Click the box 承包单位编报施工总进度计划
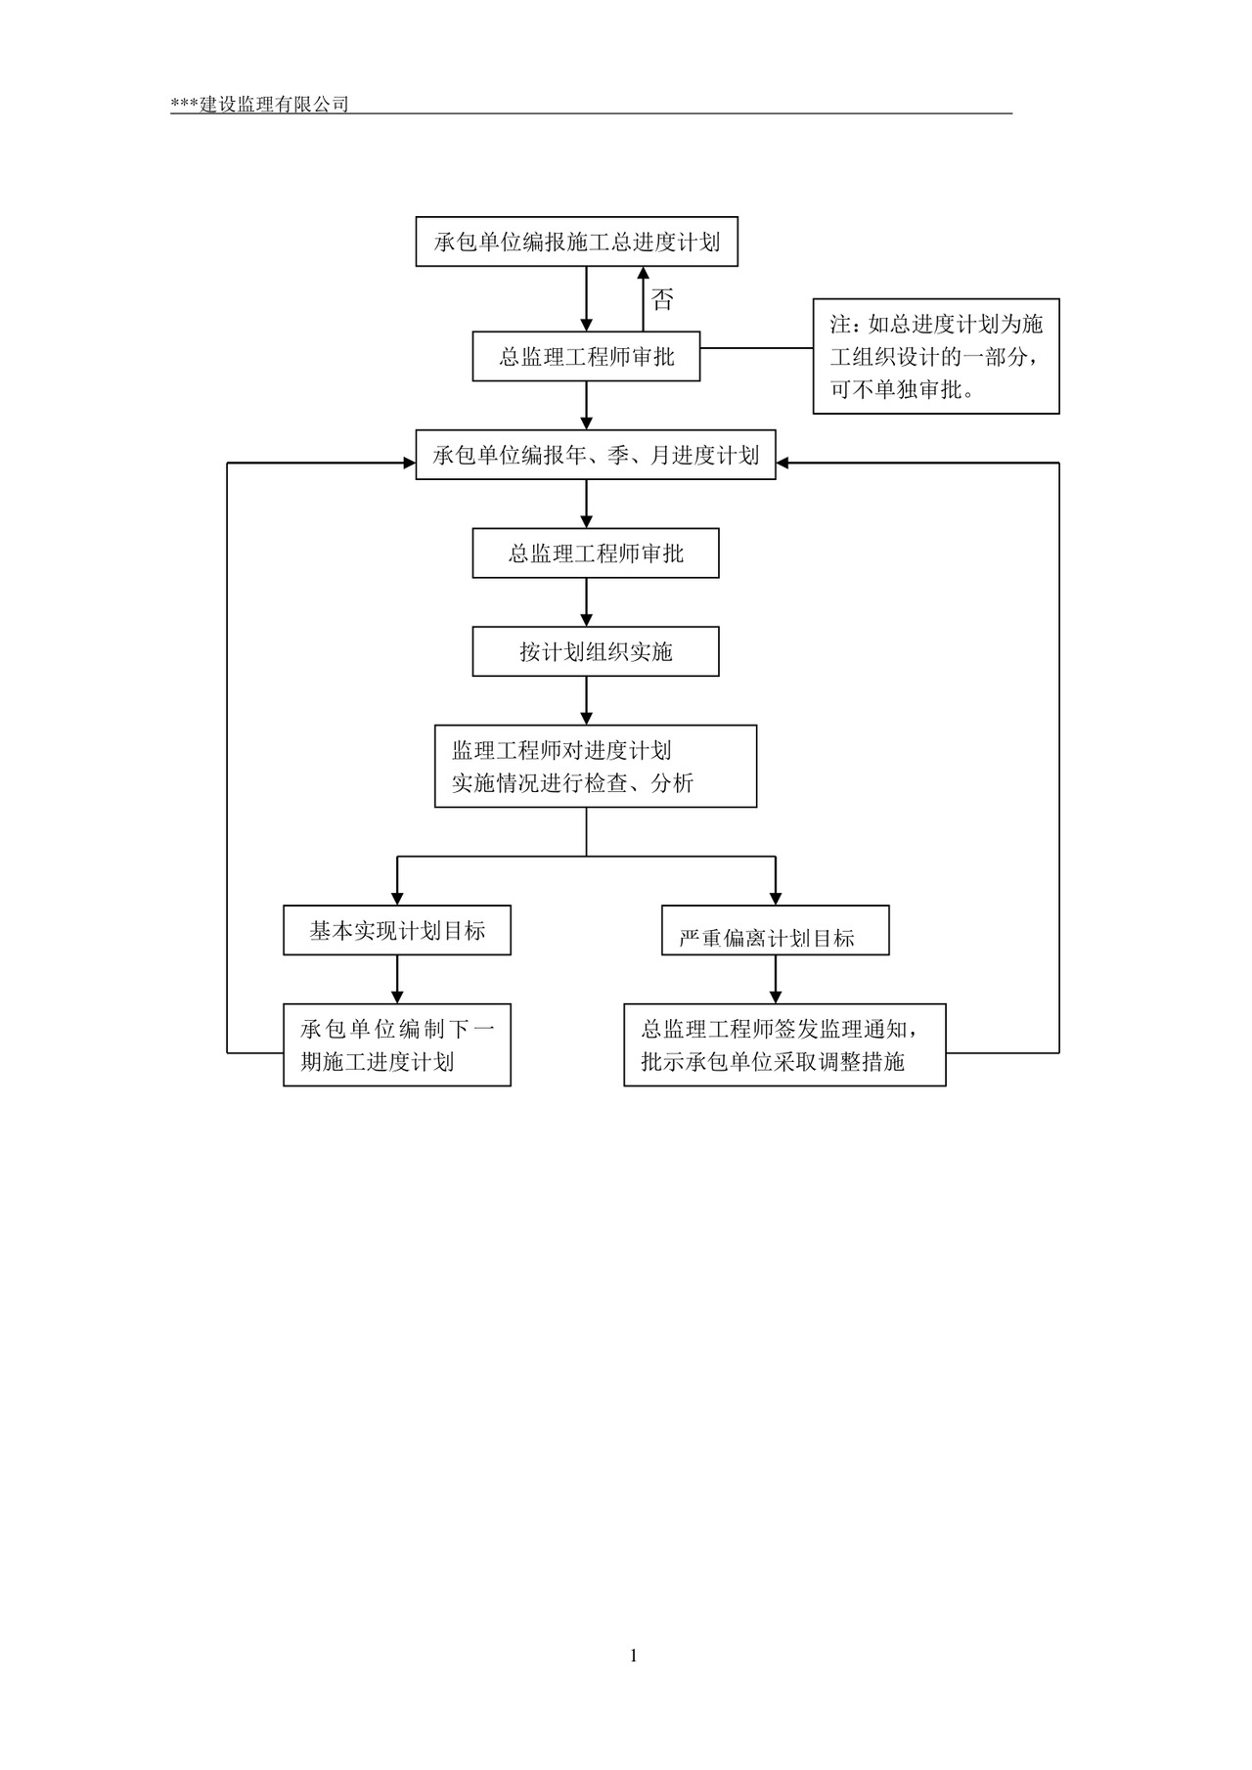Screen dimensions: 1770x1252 click(x=576, y=242)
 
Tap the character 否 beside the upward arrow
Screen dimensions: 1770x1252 click(x=662, y=299)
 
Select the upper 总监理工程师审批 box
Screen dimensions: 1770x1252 click(x=586, y=357)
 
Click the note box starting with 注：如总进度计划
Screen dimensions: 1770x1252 click(x=935, y=357)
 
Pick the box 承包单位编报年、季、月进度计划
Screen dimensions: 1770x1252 click(x=595, y=455)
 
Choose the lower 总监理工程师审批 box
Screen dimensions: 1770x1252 click(x=595, y=553)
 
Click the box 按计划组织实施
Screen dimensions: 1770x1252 click(x=595, y=651)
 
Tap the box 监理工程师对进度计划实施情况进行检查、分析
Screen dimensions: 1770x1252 click(x=595, y=766)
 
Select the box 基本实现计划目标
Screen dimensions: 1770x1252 click(x=396, y=930)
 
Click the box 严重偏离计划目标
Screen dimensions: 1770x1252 click(x=775, y=931)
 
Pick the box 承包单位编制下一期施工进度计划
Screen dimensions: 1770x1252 click(x=396, y=1044)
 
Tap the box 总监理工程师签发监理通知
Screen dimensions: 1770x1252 click(x=784, y=1044)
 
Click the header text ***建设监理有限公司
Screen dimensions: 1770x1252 click(x=260, y=104)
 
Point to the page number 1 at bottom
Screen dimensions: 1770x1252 click(x=634, y=1655)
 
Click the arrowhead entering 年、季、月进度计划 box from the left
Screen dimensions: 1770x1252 click(x=410, y=463)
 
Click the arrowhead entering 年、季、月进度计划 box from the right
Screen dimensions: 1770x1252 click(x=782, y=463)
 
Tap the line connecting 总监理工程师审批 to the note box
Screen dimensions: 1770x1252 click(x=756, y=347)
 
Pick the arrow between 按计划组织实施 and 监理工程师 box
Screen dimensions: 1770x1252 click(x=587, y=700)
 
